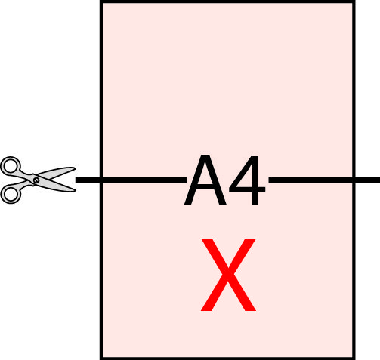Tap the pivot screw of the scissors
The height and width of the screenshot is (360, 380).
click(x=36, y=180)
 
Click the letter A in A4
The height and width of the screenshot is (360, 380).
click(x=205, y=180)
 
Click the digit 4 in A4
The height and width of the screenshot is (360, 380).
click(x=247, y=180)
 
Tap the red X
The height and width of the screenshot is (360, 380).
click(x=228, y=275)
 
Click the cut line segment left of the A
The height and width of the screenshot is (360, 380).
click(x=131, y=180)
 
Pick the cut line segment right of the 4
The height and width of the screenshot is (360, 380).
click(x=324, y=180)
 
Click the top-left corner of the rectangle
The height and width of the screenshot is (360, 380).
click(x=101, y=2)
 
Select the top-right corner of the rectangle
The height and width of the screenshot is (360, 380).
click(x=354, y=2)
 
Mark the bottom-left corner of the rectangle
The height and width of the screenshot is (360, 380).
click(x=101, y=358)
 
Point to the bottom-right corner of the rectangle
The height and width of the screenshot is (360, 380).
click(x=354, y=358)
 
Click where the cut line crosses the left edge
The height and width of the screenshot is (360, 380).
click(x=101, y=180)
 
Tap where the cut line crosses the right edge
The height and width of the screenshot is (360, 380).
click(x=354, y=180)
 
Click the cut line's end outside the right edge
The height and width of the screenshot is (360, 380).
click(x=379, y=180)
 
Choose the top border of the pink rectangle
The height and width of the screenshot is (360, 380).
click(x=227, y=2)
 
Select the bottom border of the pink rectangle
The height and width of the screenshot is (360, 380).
click(x=227, y=358)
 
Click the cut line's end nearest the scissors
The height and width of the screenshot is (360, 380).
click(x=76, y=180)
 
